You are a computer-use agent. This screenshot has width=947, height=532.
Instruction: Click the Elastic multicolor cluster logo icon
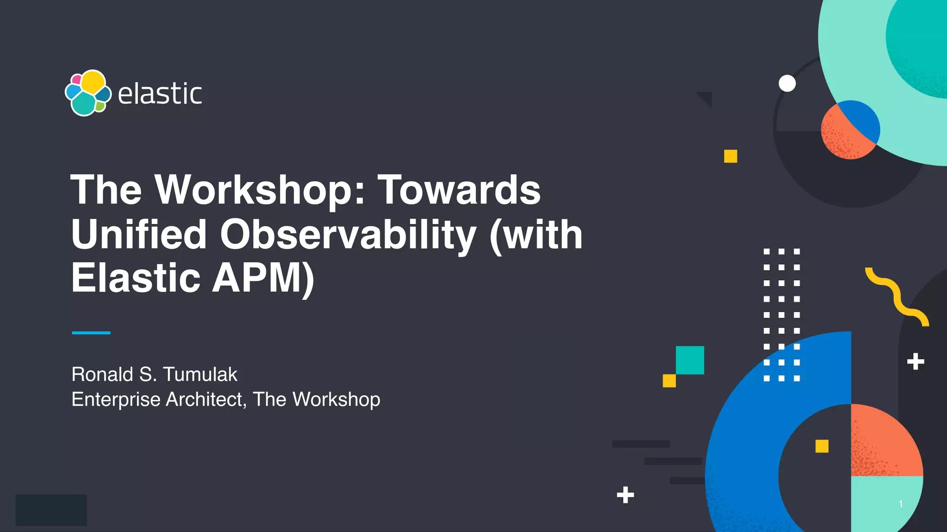point(88,93)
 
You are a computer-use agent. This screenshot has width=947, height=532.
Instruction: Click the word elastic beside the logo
point(160,94)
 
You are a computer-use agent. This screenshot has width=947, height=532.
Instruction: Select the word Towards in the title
point(459,190)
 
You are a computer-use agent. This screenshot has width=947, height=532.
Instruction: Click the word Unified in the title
point(139,235)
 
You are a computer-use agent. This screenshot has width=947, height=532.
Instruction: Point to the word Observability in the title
point(348,235)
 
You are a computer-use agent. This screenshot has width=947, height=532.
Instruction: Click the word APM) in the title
point(263,278)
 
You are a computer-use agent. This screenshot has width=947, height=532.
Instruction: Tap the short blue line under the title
point(91,332)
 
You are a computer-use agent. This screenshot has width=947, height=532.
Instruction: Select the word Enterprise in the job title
point(116,399)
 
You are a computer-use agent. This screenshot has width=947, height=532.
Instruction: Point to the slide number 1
point(900,504)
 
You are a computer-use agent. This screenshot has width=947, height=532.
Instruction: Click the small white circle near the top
point(787,84)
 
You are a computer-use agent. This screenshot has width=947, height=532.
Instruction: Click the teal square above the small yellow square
point(690,360)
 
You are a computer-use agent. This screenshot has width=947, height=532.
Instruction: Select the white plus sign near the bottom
point(625,495)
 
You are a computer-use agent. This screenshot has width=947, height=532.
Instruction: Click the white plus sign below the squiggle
point(916,362)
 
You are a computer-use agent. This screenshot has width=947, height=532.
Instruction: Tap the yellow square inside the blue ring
point(822,446)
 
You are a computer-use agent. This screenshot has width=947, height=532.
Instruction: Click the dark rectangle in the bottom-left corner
point(51,510)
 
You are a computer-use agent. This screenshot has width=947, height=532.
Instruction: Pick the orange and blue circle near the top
point(850,130)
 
